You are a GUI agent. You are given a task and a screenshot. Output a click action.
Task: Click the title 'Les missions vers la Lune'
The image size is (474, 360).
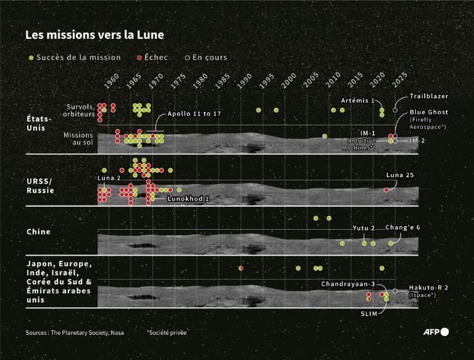click(x=94, y=35)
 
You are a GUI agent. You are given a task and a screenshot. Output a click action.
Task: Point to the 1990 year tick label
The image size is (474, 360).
click(x=244, y=82)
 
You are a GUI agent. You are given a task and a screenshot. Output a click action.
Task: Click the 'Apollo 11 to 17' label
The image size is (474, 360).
click(x=194, y=114)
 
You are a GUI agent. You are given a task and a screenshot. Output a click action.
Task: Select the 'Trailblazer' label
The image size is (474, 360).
click(x=428, y=96)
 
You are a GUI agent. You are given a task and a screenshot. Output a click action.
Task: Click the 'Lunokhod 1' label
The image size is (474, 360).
click(x=189, y=199)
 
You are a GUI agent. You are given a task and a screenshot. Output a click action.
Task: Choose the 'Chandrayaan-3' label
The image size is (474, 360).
click(x=348, y=284)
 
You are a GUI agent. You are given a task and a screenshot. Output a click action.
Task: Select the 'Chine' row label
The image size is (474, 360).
click(x=38, y=232)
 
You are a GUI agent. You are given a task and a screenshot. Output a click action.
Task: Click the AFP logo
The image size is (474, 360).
click(x=436, y=332)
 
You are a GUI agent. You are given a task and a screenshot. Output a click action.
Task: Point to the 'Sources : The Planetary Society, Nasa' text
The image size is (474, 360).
click(x=75, y=332)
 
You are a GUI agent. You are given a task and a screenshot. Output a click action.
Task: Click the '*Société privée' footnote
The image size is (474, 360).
click(x=167, y=332)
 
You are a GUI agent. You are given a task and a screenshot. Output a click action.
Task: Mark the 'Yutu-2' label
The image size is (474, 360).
click(x=364, y=228)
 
